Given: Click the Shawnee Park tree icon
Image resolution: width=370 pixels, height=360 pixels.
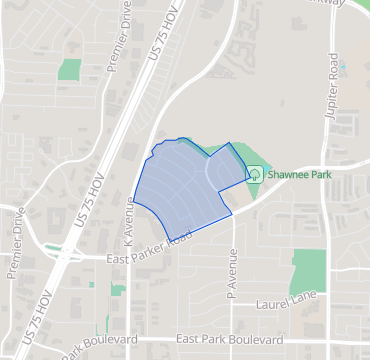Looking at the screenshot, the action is tap(254, 173).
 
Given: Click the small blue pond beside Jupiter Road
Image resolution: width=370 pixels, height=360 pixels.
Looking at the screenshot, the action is tap(343, 69).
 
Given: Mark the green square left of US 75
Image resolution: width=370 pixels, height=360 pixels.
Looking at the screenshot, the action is tap(69, 70).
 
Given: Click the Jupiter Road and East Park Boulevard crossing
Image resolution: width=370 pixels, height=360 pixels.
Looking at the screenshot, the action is tap(327, 340).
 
